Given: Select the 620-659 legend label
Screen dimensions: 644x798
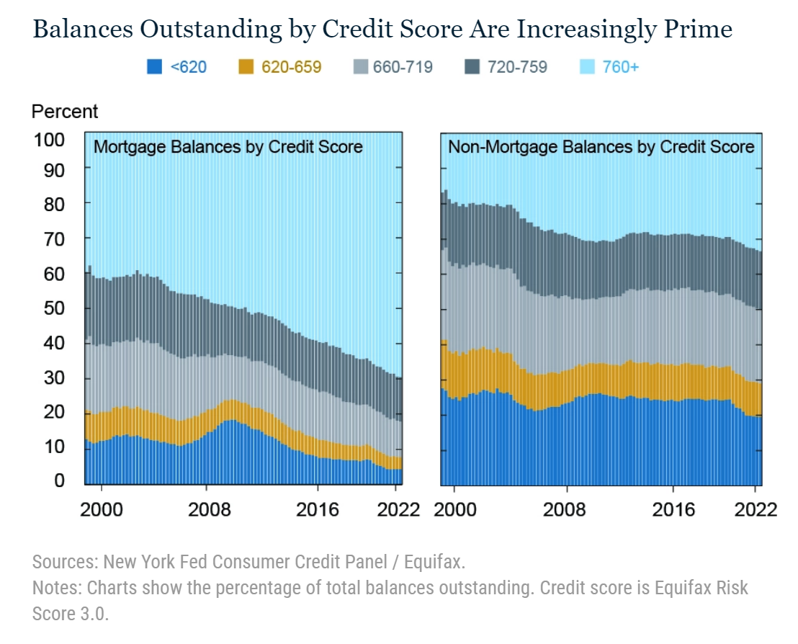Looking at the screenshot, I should pos(291,67).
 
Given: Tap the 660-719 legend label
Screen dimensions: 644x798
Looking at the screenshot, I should pos(403,67).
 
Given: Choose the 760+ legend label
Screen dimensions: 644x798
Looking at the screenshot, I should pos(619,67).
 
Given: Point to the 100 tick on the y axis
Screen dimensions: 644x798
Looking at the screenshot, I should pos(49,139).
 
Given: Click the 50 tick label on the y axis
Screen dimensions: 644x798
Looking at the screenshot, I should pos(55,308).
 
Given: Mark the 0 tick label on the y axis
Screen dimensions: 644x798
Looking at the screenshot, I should pos(60,480).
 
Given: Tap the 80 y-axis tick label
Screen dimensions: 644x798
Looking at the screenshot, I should pos(55,204).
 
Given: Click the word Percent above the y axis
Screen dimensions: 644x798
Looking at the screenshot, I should pos(65,112).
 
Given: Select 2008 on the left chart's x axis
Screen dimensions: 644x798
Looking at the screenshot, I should pos(209,509).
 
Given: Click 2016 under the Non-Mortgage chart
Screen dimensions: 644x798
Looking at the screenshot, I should pos(673,509).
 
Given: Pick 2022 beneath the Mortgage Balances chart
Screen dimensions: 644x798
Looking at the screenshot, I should pos(398,509).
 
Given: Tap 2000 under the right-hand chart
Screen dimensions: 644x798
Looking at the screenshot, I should pos(454,509).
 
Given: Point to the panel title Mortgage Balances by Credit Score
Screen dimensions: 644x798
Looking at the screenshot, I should pos(228,148).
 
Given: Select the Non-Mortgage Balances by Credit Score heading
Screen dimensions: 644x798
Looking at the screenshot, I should pos(601,148).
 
